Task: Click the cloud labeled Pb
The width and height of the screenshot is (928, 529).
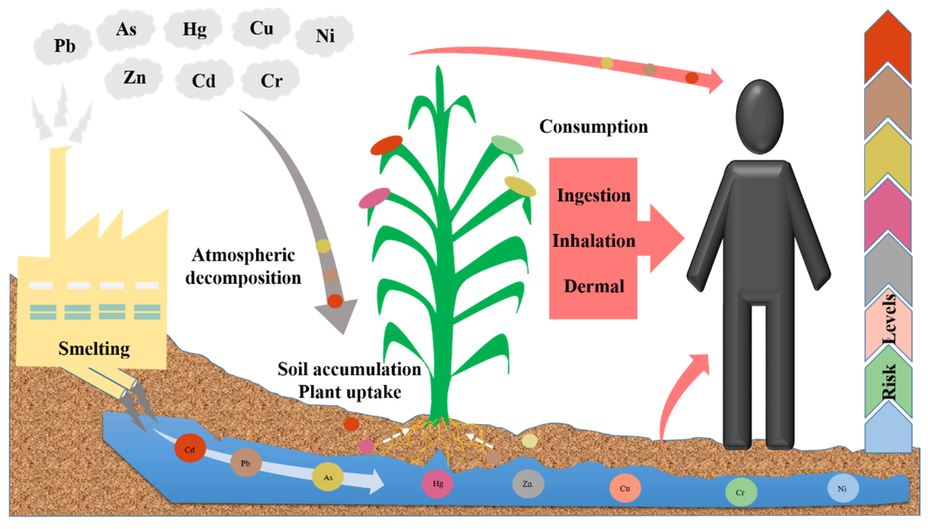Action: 64,46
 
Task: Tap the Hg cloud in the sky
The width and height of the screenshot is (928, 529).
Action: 194,29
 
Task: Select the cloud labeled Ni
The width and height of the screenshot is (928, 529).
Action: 324,36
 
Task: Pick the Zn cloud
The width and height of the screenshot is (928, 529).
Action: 134,77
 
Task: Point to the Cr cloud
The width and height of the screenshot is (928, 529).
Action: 271,80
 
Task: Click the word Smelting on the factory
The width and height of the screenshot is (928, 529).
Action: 94,348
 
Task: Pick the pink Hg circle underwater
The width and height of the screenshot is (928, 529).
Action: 437,483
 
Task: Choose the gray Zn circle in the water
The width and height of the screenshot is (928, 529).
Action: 528,483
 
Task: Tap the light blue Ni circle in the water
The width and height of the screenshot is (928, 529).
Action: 842,488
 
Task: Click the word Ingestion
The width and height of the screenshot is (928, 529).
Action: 593,195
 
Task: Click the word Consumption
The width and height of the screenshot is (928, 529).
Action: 593,127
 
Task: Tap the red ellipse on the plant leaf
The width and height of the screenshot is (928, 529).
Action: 386,145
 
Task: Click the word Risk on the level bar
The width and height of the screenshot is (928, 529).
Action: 888,382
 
